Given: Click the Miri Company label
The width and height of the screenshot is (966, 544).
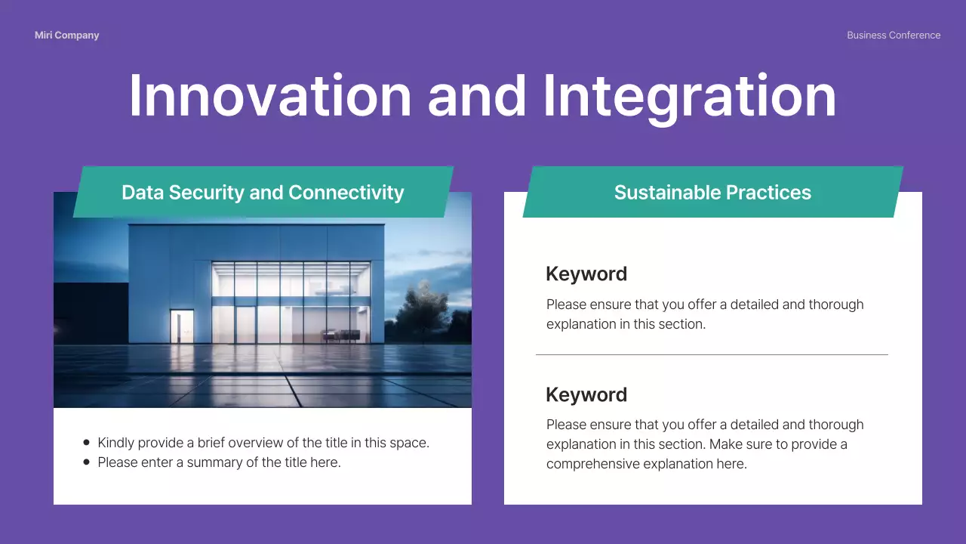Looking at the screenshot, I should (66, 36).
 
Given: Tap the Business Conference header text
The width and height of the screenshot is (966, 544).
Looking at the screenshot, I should (894, 36).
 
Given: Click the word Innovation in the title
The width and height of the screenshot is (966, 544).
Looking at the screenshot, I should (269, 96).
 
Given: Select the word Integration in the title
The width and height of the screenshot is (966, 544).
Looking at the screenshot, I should (689, 96).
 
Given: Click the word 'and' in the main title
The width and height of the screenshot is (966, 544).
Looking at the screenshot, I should (477, 96).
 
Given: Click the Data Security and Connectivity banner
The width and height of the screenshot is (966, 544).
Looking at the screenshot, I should (263, 193).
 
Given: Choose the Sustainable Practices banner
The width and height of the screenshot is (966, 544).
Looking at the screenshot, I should (712, 193).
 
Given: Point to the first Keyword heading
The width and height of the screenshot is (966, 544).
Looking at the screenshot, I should (586, 274).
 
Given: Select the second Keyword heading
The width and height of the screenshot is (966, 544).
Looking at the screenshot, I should (586, 395).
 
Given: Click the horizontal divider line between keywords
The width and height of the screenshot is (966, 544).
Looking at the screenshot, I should (712, 354).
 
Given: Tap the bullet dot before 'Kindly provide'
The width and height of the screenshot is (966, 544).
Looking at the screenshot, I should (87, 443).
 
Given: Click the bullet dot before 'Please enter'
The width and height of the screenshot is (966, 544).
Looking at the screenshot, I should (87, 462).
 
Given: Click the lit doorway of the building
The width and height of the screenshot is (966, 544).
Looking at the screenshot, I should (181, 326).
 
